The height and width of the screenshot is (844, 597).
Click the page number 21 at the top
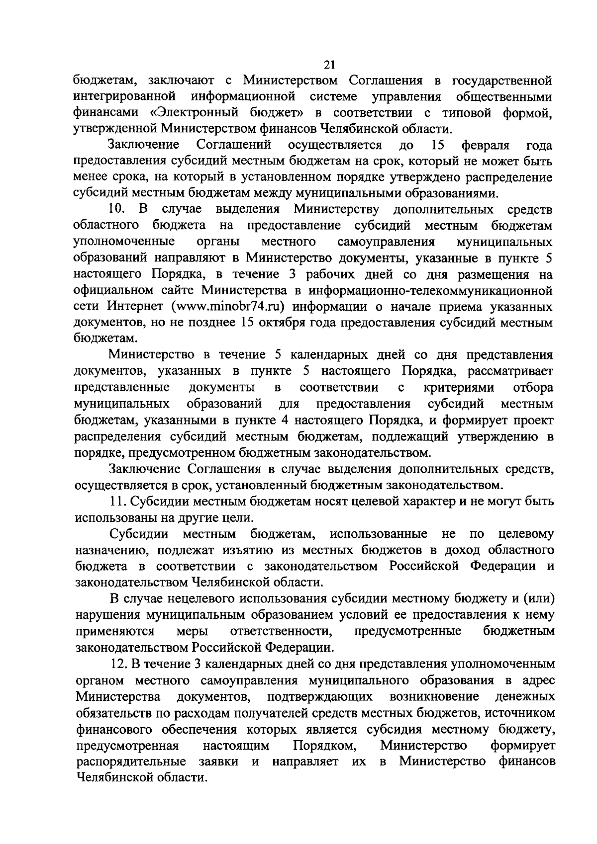329,64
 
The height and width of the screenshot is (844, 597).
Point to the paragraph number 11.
119,501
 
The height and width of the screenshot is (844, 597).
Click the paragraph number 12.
120,664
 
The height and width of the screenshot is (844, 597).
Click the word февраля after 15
485,145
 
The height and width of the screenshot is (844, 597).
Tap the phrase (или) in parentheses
538,598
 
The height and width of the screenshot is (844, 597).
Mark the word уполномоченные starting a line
124,242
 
